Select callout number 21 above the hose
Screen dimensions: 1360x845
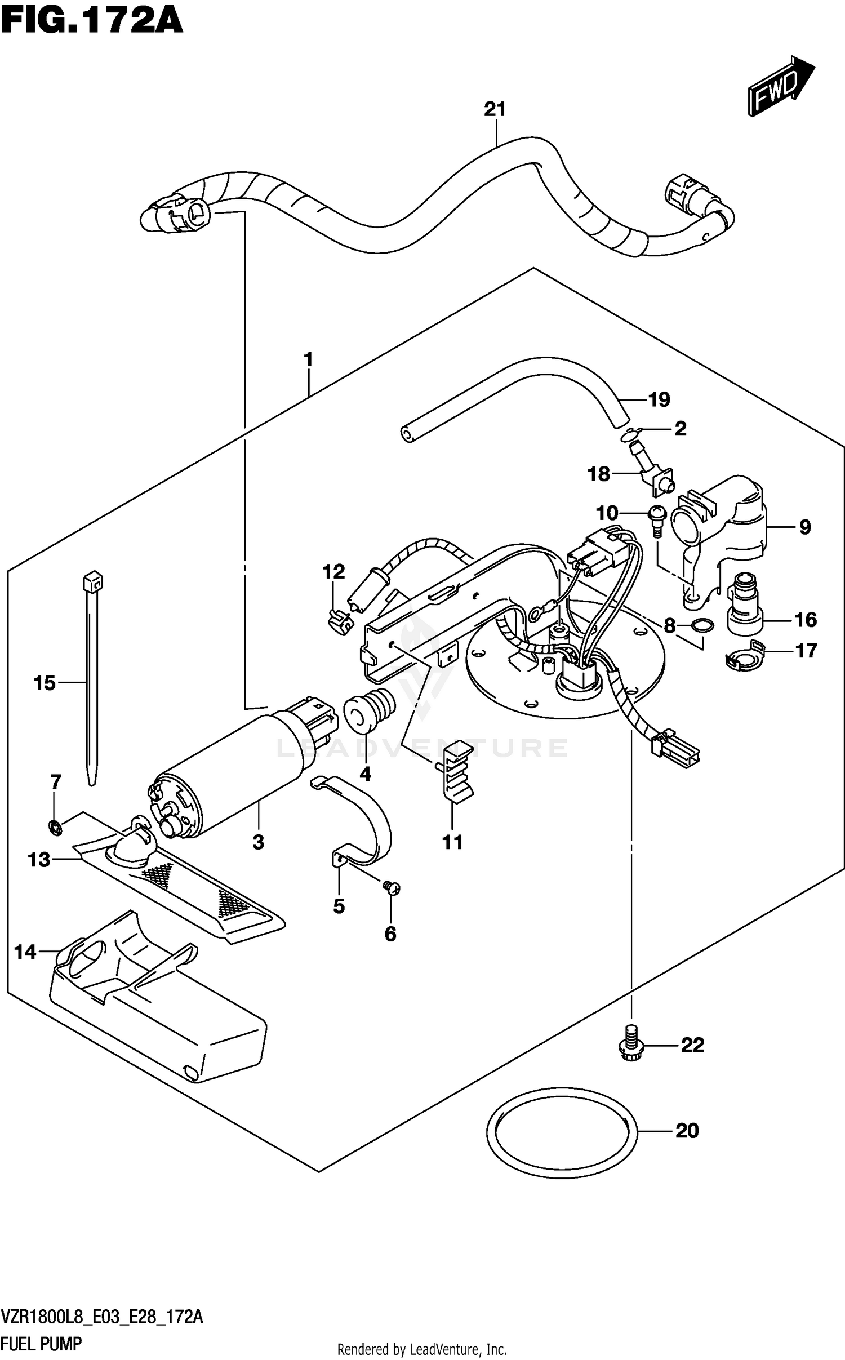click(495, 109)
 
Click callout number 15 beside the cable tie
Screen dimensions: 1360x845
click(45, 683)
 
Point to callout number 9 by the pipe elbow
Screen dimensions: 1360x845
click(805, 527)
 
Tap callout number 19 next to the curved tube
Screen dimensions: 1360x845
click(659, 399)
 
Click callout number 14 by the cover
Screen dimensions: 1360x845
click(25, 952)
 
